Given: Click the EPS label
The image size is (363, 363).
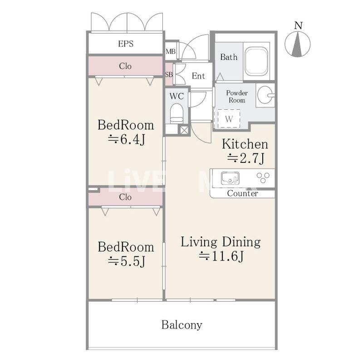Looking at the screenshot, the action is pyautogui.click(x=126, y=44).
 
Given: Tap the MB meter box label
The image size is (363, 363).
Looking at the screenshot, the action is pyautogui.click(x=171, y=51).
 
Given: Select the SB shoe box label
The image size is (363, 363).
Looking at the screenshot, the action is pyautogui.click(x=169, y=75).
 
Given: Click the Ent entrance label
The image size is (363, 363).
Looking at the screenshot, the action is pyautogui.click(x=198, y=76).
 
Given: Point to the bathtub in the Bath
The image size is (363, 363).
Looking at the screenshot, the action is pyautogui.click(x=257, y=61).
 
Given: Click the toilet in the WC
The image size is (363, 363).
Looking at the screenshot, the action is pyautogui.click(x=177, y=114).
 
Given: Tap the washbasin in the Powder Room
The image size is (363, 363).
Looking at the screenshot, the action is pyautogui.click(x=265, y=95).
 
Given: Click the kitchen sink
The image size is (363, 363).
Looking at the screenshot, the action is pyautogui.click(x=230, y=178).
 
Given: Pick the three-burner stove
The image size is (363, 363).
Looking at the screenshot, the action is pyautogui.click(x=263, y=177).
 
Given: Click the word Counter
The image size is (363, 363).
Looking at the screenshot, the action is pyautogui.click(x=242, y=193).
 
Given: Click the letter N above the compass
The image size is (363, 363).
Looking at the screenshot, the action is pyautogui.click(x=299, y=25).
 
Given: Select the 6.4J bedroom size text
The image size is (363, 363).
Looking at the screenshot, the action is pyautogui.click(x=127, y=140).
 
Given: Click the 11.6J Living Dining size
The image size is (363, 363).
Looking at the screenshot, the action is pyautogui.click(x=221, y=256).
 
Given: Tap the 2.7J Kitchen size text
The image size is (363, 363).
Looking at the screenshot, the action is pyautogui.click(x=245, y=158).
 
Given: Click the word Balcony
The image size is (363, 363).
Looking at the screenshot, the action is pyautogui.click(x=182, y=325).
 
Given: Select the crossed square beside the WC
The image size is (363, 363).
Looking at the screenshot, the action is pyautogui.click(x=184, y=130).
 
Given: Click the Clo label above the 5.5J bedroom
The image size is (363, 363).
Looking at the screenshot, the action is pyautogui.click(x=125, y=197).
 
